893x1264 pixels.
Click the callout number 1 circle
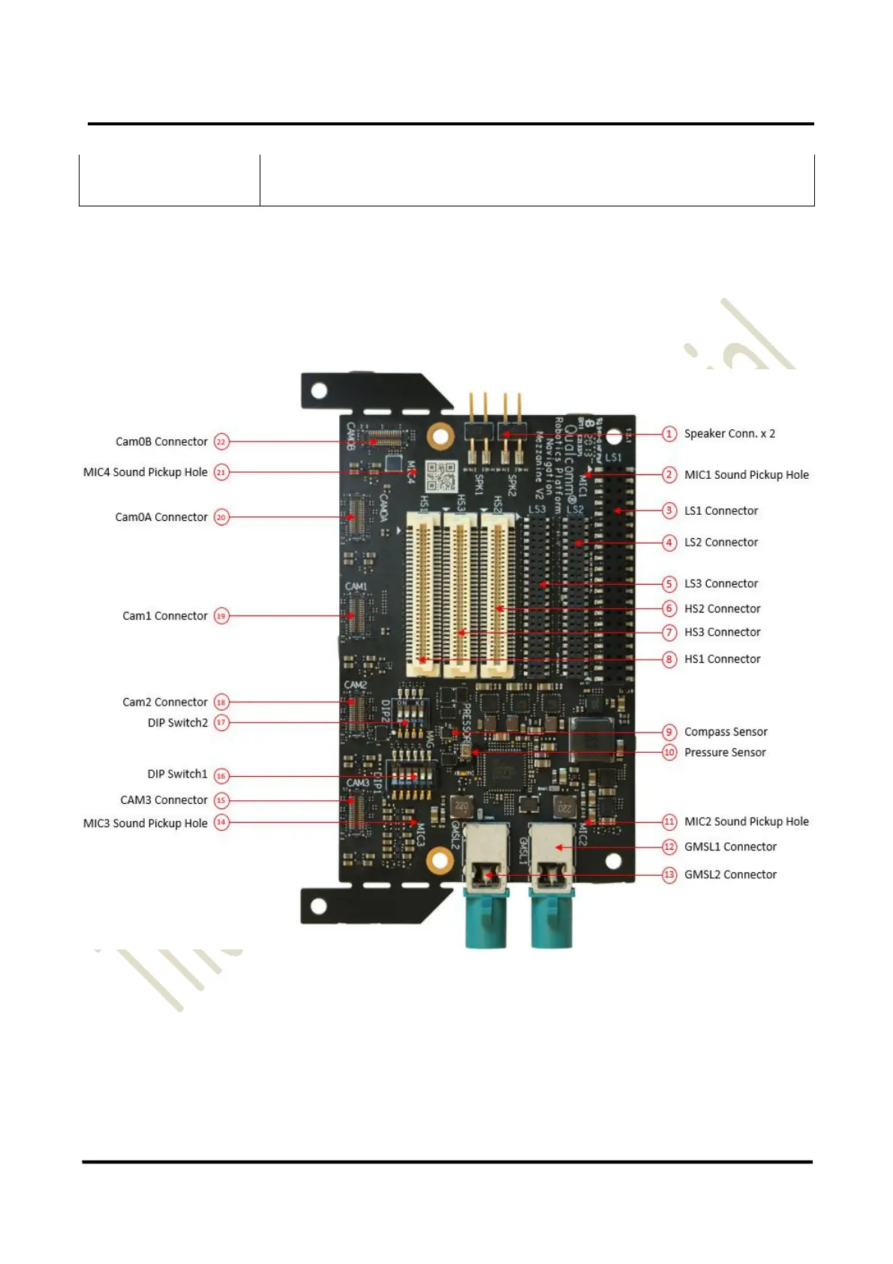tap(669, 434)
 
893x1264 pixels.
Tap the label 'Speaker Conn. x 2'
tap(729, 434)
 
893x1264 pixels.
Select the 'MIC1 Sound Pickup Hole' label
tap(746, 475)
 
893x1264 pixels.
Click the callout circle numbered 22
tap(221, 442)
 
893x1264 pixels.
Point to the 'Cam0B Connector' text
tap(161, 442)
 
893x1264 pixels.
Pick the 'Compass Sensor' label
tap(726, 732)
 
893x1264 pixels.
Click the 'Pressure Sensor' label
tap(725, 753)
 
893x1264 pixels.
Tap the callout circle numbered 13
tap(669, 875)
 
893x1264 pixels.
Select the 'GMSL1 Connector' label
tap(730, 847)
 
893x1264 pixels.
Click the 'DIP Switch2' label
tap(178, 723)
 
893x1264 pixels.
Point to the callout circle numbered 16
tap(221, 776)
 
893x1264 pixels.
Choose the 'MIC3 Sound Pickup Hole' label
tap(146, 823)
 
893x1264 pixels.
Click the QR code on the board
tap(441, 476)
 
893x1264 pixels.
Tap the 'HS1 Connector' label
tap(722, 660)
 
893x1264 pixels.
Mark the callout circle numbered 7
tap(669, 633)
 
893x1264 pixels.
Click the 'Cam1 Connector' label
tap(165, 616)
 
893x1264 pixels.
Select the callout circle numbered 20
tap(221, 517)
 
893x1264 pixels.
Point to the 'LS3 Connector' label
tap(721, 584)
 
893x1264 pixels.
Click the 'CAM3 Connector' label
tap(164, 800)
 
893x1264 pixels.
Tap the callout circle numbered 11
tap(669, 822)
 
